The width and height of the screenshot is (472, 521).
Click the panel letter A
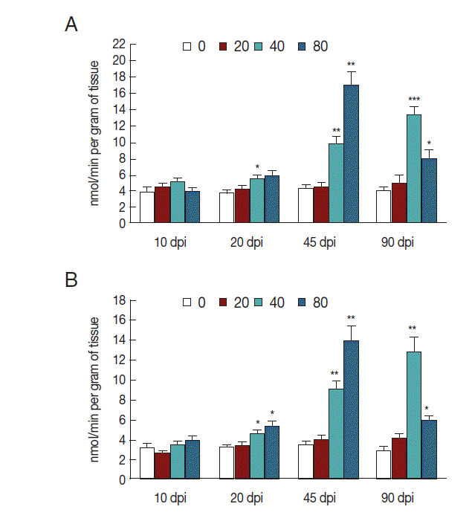[71, 25]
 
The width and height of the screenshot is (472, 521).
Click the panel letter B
[71, 281]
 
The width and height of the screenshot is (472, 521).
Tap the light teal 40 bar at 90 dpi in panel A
[414, 168]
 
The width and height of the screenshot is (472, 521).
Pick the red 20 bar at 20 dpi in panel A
[242, 205]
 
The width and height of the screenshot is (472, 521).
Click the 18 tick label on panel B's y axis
[117, 300]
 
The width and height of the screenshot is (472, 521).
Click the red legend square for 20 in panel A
[223, 48]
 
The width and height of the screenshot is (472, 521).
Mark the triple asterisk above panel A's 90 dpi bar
[414, 100]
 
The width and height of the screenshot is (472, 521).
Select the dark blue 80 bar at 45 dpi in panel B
[351, 410]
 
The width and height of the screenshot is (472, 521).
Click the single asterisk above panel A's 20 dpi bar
[257, 167]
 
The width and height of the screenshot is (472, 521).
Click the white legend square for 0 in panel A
[188, 48]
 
